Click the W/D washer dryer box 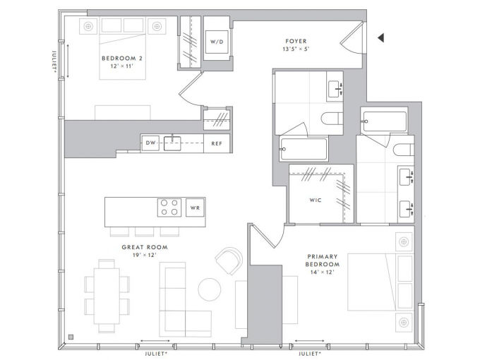click(x=217, y=42)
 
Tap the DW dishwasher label click(x=150, y=143)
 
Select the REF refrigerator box click(x=217, y=143)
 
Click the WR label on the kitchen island click(x=195, y=208)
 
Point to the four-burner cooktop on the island click(x=169, y=208)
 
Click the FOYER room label click(x=296, y=41)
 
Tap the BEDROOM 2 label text click(x=122, y=58)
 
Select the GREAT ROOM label click(x=145, y=247)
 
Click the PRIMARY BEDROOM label click(x=323, y=260)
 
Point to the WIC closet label click(x=316, y=200)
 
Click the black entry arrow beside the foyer click(x=380, y=38)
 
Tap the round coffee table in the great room click(x=210, y=289)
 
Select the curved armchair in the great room click(x=229, y=260)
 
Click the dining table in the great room click(x=107, y=296)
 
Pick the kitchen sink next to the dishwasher click(x=172, y=143)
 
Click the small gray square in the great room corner click(x=71, y=337)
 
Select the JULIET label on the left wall click(x=54, y=61)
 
